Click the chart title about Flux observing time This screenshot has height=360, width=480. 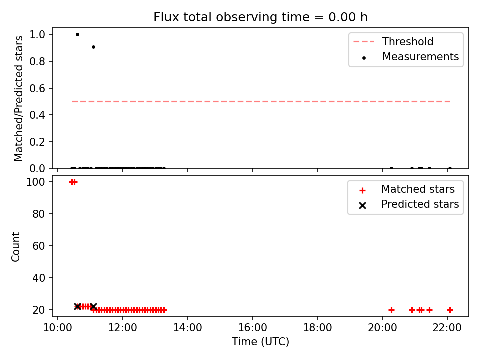tap(260, 17)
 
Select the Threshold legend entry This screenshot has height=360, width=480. tap(393, 41)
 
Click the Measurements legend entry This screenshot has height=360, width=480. tap(410, 57)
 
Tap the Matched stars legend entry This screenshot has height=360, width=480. tap(407, 189)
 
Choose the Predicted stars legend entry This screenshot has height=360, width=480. tap(409, 204)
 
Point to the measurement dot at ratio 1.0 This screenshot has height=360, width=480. tap(78, 34)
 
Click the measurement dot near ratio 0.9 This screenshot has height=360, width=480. tap(93, 47)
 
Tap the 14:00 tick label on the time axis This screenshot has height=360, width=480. tap(187, 328)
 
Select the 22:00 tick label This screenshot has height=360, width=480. tap(447, 328)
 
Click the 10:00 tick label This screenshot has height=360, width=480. tap(58, 328)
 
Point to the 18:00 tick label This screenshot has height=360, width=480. tap(317, 328)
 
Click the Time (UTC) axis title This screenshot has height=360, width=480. tap(260, 342)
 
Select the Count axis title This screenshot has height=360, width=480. tap(16, 246)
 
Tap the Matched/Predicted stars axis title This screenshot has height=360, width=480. tap(19, 98)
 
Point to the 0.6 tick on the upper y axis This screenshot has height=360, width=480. tap(37, 88)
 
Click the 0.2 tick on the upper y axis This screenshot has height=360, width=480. tap(37, 142)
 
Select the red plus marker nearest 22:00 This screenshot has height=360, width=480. tap(450, 310)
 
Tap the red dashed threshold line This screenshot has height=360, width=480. tap(261, 101)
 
